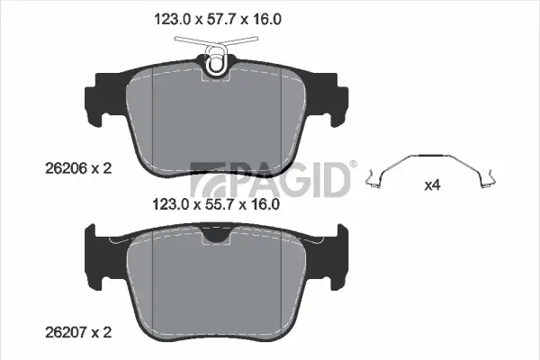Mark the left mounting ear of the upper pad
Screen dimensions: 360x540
(96, 97)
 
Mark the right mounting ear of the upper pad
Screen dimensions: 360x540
(333, 97)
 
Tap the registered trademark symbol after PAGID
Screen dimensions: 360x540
(353, 165)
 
